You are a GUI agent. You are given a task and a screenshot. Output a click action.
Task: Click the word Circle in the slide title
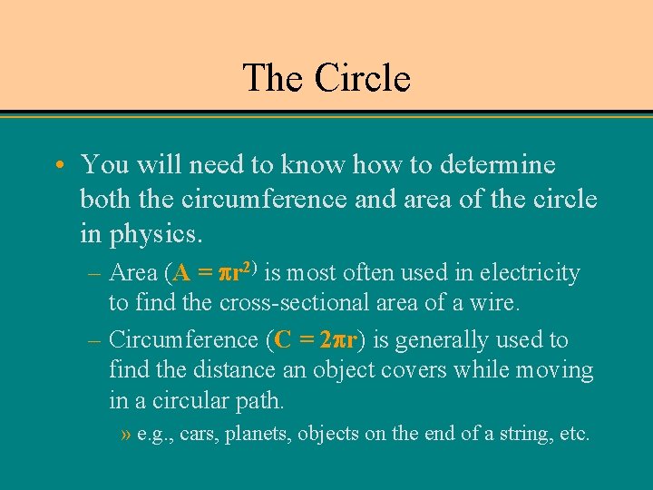pyautogui.click(x=363, y=78)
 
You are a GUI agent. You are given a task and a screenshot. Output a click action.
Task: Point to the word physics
pyautogui.click(x=154, y=233)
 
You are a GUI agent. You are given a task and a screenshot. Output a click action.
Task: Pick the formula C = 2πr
pyautogui.click(x=317, y=340)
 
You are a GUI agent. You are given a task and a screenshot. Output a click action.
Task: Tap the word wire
pyautogui.click(x=496, y=302)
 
